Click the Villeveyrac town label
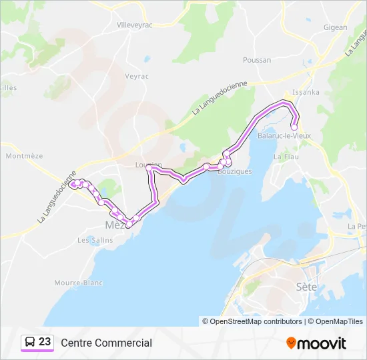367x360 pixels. click(x=135, y=25)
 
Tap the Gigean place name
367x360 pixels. click(x=335, y=27)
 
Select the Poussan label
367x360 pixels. click(x=258, y=60)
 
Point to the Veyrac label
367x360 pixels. click(x=136, y=76)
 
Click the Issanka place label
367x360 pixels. click(x=307, y=92)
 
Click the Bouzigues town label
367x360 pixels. click(x=235, y=171)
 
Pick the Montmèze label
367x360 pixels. click(x=24, y=156)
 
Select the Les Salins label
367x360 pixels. click(x=92, y=240)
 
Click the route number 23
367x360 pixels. click(x=45, y=342)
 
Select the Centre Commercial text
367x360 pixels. click(x=106, y=343)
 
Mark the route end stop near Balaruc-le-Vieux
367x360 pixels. click(x=294, y=127)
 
